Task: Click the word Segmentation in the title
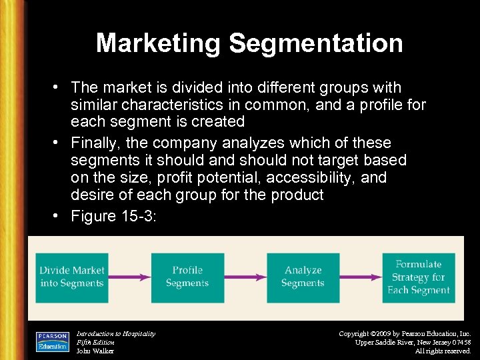click(x=316, y=43)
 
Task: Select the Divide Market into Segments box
click(x=72, y=277)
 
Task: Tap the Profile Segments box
click(x=187, y=277)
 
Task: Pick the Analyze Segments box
click(x=303, y=277)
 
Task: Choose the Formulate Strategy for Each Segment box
click(x=419, y=277)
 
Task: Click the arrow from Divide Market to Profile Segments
click(x=129, y=277)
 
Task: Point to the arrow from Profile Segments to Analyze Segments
click(x=245, y=277)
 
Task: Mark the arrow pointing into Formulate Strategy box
click(x=360, y=277)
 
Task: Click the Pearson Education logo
click(x=53, y=340)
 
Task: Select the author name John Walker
click(x=95, y=351)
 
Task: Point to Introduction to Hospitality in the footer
click(x=116, y=333)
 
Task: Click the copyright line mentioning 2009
click(x=405, y=333)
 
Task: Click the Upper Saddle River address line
click(x=413, y=342)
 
